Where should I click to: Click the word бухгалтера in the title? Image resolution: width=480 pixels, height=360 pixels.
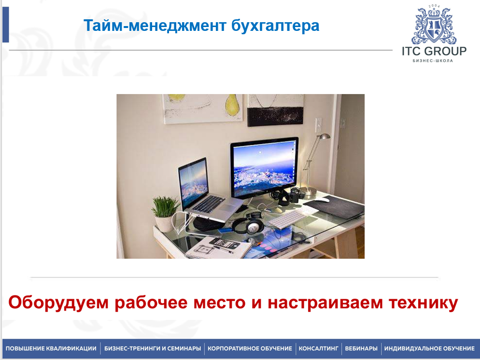[x=275, y=26]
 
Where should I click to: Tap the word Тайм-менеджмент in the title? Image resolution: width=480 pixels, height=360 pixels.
[x=155, y=26]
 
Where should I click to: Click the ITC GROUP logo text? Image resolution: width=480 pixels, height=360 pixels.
[x=434, y=51]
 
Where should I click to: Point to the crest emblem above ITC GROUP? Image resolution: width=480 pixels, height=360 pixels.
[x=434, y=25]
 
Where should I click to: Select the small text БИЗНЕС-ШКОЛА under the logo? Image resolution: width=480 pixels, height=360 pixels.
[x=433, y=60]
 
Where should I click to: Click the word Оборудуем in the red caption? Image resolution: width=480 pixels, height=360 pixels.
[x=58, y=303]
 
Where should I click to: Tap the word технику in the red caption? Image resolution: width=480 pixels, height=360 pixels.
[x=424, y=303]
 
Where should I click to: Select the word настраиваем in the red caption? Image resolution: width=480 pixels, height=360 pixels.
[x=325, y=303]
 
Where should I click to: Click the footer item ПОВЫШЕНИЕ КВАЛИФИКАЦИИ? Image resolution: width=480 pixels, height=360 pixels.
[x=51, y=348]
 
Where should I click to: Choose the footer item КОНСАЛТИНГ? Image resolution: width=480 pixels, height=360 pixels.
[x=318, y=348]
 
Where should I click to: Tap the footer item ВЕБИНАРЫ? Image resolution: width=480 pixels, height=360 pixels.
[x=361, y=348]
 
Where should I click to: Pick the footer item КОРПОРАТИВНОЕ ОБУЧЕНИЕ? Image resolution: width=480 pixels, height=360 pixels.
[x=250, y=348]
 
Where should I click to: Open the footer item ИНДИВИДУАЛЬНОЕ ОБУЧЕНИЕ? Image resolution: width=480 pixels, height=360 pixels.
[x=429, y=348]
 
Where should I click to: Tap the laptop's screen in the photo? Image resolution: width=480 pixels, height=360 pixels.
[x=194, y=183]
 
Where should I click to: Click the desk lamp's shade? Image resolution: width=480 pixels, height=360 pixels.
[x=325, y=137]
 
